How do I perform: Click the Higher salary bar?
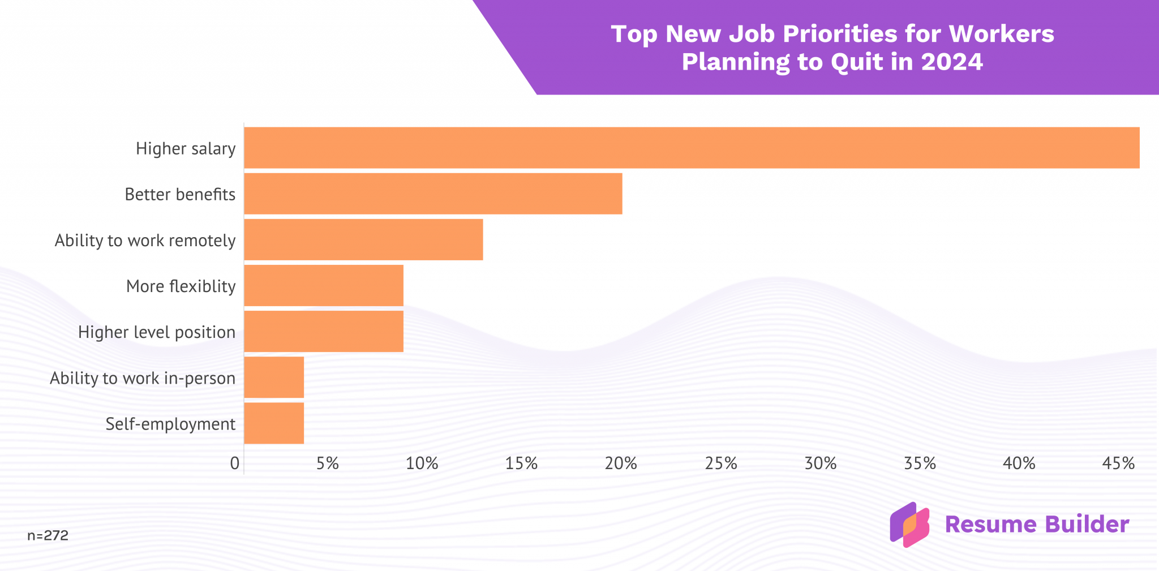click(692, 148)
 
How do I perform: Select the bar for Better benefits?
click(433, 194)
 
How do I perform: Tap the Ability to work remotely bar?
click(363, 239)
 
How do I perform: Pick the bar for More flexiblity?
click(324, 285)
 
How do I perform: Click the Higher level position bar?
click(324, 331)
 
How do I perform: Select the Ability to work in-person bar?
click(274, 377)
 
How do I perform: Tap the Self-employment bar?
click(274, 423)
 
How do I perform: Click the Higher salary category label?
click(186, 149)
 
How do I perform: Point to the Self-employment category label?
click(170, 424)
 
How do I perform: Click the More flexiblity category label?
click(181, 286)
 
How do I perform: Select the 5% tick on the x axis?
click(328, 464)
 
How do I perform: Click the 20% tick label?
click(621, 464)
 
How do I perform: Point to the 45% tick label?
click(1118, 464)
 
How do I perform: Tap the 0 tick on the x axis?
click(235, 464)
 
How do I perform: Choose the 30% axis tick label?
click(821, 464)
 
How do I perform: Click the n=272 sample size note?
click(48, 535)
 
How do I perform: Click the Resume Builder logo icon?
click(909, 525)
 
